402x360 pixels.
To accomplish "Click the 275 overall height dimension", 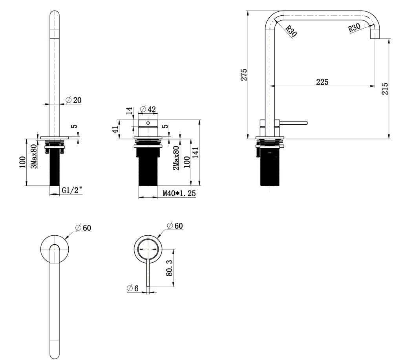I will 244,74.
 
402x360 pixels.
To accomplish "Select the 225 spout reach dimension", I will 322,82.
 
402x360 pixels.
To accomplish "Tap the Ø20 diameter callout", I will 73,100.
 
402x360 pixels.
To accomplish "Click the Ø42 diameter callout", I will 148,109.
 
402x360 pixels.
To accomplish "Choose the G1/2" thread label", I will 72,191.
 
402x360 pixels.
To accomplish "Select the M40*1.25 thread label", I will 179,193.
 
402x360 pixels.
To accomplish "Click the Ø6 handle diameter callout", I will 133,288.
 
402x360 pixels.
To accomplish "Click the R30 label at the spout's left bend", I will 291,31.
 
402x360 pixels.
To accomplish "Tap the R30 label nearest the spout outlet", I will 354,28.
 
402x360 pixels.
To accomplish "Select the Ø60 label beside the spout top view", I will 83,228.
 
